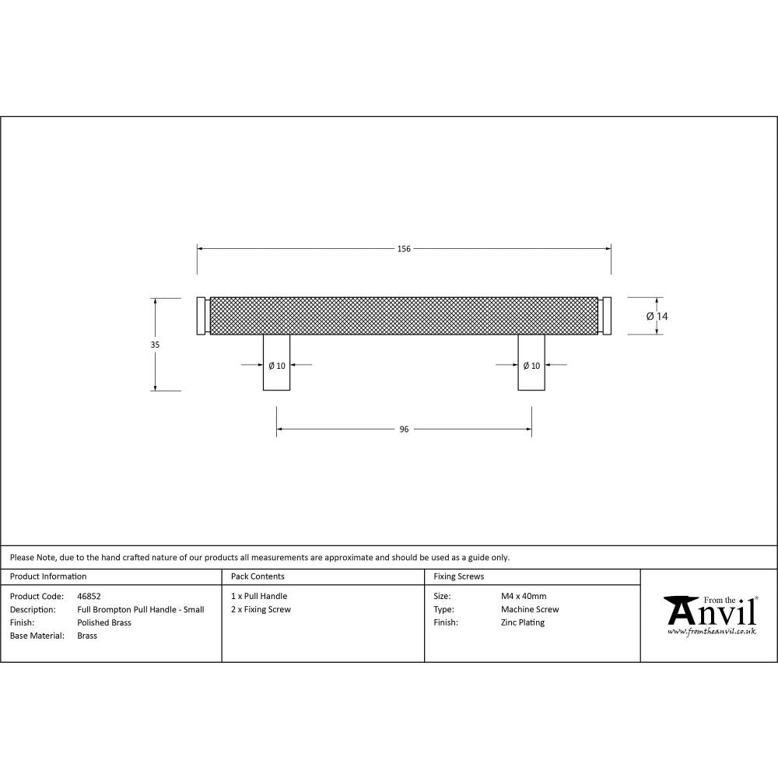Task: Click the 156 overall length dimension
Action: point(404,249)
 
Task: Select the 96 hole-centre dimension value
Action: point(404,429)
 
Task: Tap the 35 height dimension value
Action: point(155,344)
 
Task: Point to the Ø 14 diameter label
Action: point(657,316)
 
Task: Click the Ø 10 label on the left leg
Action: point(276,366)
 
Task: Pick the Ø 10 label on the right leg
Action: point(531,366)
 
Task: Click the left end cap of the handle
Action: point(201,315)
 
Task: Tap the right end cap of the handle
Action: point(607,315)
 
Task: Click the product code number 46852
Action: point(89,596)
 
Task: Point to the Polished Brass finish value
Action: point(104,622)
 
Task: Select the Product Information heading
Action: point(48,576)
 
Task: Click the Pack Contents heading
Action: point(258,576)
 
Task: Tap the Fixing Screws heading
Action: point(459,576)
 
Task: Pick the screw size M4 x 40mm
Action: point(524,596)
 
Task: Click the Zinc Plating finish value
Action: point(523,622)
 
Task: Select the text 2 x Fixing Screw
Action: point(261,609)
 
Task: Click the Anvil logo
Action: point(710,612)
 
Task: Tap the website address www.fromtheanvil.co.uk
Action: point(711,632)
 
